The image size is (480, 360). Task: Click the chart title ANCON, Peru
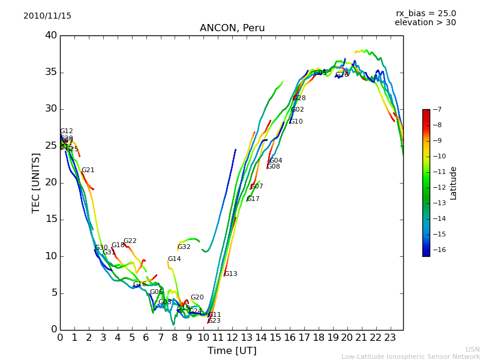(232, 28)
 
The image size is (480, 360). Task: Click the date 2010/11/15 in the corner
(47, 16)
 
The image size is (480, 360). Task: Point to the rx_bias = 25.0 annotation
(425, 13)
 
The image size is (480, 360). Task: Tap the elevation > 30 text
(425, 23)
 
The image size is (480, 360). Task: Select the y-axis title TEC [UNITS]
(36, 183)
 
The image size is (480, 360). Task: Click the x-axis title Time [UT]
(232, 350)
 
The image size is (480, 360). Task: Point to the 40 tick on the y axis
(51, 35)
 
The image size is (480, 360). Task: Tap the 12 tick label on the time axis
(232, 337)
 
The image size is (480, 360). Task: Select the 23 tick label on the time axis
(391, 337)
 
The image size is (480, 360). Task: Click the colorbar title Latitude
(454, 183)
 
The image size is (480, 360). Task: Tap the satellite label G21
(88, 170)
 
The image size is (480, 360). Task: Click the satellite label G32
(184, 247)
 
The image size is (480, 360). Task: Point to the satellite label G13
(231, 274)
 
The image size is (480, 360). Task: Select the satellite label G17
(253, 199)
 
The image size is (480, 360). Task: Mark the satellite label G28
(299, 98)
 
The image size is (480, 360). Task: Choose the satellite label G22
(130, 241)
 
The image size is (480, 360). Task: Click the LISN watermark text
(472, 349)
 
